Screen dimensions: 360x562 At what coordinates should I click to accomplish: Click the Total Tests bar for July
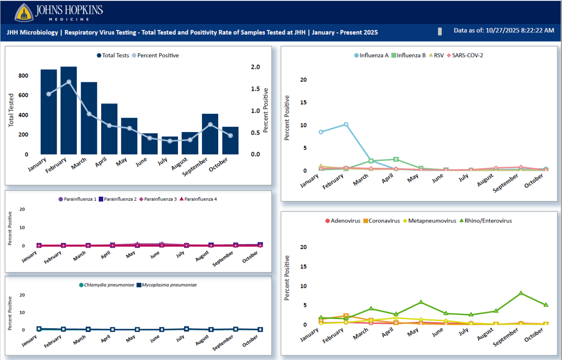(x=170, y=145)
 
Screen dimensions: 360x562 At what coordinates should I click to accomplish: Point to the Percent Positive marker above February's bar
(x=69, y=82)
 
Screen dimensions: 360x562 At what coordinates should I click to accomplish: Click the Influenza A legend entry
(x=371, y=55)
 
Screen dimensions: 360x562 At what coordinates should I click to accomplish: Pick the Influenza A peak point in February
(x=346, y=125)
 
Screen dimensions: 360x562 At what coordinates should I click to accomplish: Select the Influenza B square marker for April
(x=396, y=160)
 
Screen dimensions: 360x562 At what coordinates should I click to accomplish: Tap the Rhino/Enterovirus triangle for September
(x=521, y=293)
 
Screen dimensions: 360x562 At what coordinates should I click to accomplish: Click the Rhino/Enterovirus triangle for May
(x=421, y=302)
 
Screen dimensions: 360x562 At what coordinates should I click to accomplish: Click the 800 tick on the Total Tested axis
(x=23, y=75)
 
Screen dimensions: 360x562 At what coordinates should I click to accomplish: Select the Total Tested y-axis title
(x=11, y=110)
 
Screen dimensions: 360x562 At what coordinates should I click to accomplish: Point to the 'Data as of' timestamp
(x=504, y=30)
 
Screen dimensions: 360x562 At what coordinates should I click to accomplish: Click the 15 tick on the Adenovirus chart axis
(x=303, y=266)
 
